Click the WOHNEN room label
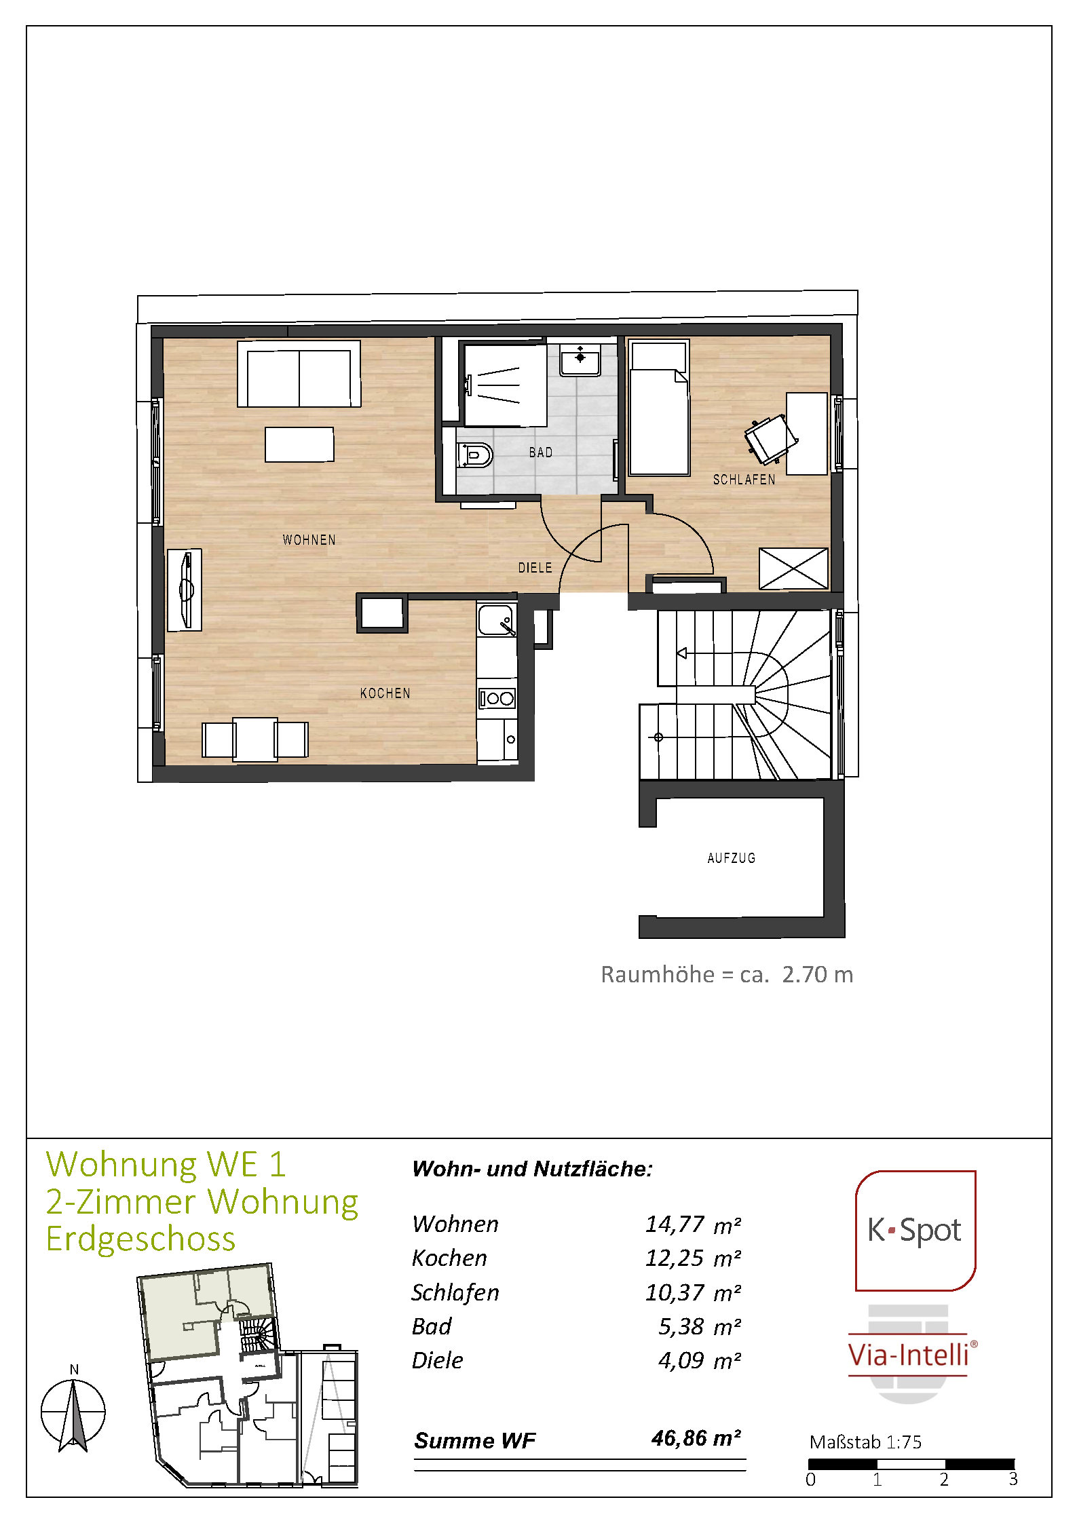[x=309, y=540]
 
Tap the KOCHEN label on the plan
[x=385, y=693]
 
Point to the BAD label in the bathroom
[x=541, y=452]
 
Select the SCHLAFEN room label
[x=744, y=480]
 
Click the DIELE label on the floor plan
[x=535, y=568]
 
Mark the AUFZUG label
[x=732, y=858]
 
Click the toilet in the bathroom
[x=475, y=455]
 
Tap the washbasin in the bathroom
[x=580, y=360]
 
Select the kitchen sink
[x=497, y=620]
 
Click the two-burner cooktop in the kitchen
[x=497, y=698]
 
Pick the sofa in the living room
[x=299, y=374]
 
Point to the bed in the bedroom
[x=659, y=408]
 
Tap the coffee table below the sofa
[x=299, y=444]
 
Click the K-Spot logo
[x=915, y=1230]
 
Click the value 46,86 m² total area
[x=696, y=1438]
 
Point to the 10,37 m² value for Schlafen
[x=693, y=1292]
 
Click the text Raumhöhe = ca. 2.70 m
[x=727, y=974]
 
